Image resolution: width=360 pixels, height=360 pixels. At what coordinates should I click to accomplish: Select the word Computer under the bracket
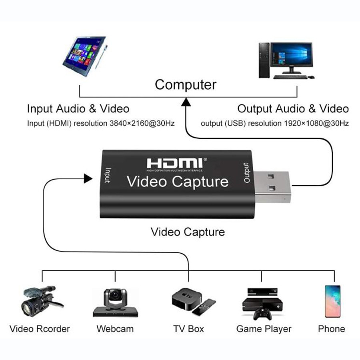click(186, 85)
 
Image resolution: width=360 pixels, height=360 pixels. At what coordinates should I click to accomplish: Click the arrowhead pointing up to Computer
click(186, 103)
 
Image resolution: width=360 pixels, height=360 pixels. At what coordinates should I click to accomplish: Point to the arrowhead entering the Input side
click(88, 178)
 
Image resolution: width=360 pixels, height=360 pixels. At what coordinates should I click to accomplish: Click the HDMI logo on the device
click(176, 163)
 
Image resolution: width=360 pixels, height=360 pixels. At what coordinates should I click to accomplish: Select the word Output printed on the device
click(247, 173)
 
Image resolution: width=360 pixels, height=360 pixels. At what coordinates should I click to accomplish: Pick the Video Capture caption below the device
click(188, 232)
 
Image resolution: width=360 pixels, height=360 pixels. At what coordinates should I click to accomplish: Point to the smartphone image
click(332, 301)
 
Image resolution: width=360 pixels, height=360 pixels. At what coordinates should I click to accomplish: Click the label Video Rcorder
click(40, 329)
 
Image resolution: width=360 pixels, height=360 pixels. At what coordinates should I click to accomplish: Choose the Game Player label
click(264, 329)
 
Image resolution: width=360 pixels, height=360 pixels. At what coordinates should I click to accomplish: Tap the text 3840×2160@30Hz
click(142, 123)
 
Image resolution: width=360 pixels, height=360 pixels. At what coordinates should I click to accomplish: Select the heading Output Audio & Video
click(293, 108)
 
